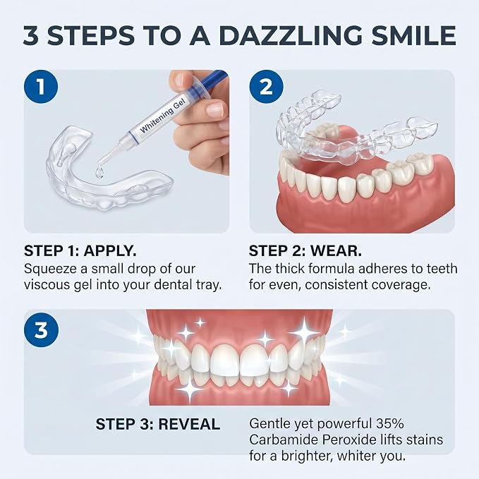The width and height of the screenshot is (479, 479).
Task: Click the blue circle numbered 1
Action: [x=41, y=87]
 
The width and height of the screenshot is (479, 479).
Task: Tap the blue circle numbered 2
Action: [x=266, y=87]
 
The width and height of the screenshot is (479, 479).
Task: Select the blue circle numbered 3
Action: [x=41, y=330]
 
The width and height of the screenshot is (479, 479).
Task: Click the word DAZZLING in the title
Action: [x=290, y=36]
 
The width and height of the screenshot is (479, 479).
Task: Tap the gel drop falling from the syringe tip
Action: [x=99, y=173]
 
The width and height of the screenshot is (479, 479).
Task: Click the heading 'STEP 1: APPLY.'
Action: [x=80, y=251]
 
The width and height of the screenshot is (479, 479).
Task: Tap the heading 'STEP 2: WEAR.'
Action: [x=305, y=251]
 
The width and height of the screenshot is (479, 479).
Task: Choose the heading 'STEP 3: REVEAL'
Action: [x=157, y=424]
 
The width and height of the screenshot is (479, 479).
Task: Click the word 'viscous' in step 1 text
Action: [x=47, y=285]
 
